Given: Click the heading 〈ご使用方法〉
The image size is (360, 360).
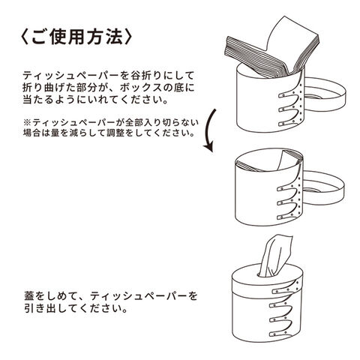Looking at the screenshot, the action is tap(76, 37).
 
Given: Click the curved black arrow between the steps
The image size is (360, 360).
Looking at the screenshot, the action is tap(211, 130).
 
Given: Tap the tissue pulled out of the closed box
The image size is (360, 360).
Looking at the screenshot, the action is tap(276, 256).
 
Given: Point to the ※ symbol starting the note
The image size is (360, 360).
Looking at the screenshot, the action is tap(26, 122).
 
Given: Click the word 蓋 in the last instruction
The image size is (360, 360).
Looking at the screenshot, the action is tap(28, 296).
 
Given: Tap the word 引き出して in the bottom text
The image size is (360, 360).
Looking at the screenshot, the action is tap(50, 308).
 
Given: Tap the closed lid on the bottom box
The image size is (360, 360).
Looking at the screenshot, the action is tap(266, 280).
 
